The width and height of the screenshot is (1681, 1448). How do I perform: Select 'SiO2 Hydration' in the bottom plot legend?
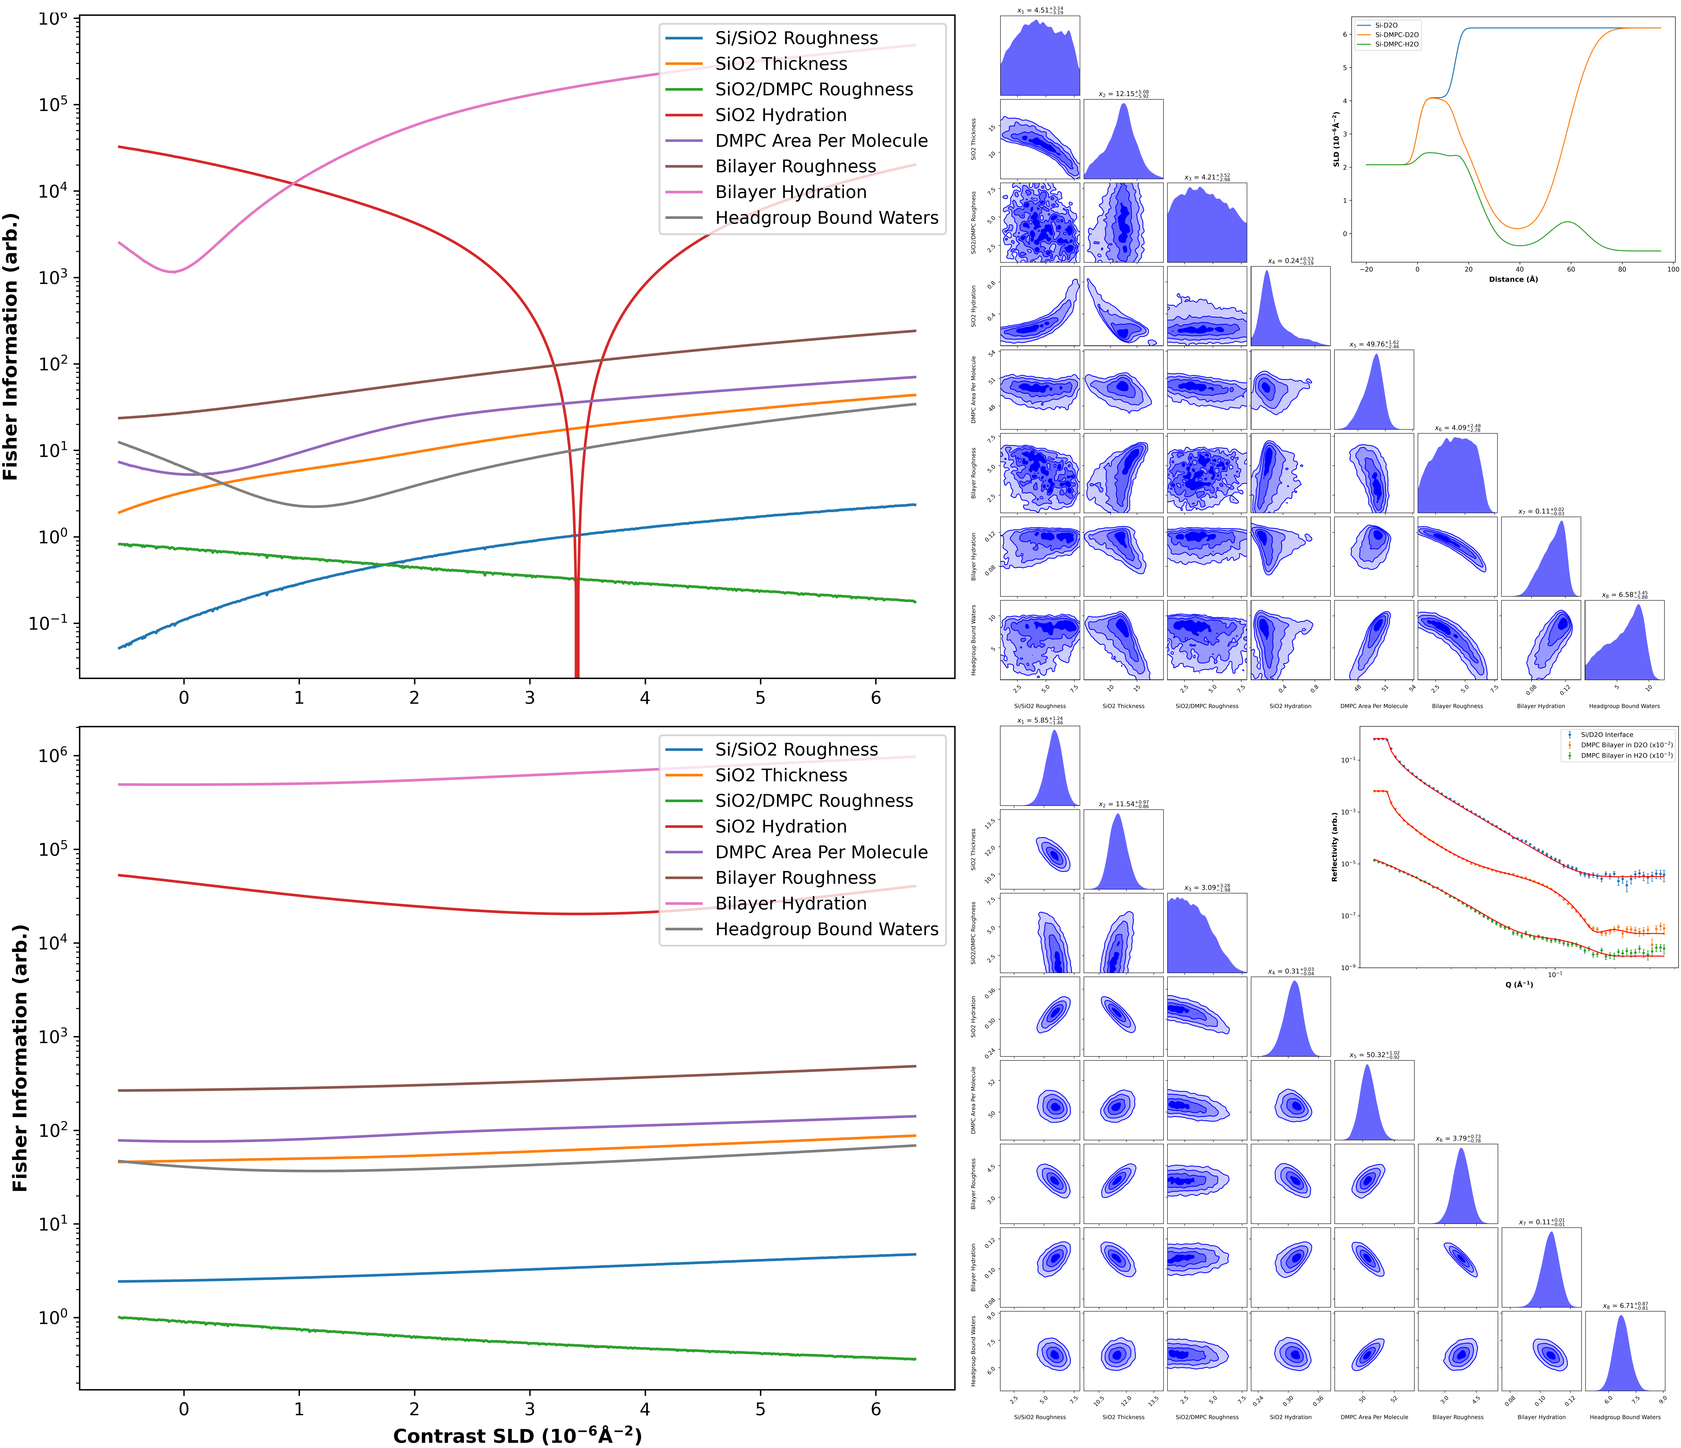780,827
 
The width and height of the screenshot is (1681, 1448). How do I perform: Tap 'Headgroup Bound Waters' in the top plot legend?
826,218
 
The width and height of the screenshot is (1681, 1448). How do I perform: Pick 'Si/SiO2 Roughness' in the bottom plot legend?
796,750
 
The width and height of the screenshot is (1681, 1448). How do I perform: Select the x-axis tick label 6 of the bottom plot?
875,1409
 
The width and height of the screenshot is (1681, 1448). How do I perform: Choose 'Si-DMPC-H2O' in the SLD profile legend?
1396,45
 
